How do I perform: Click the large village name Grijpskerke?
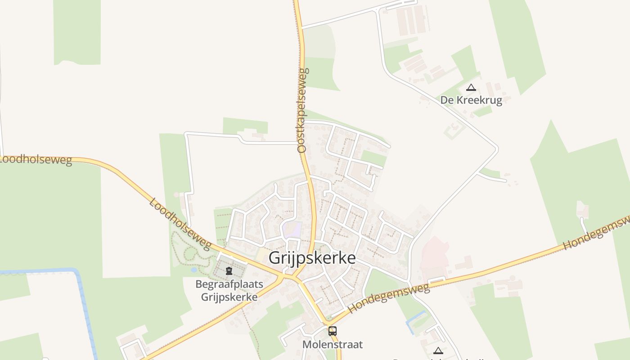pos(312,258)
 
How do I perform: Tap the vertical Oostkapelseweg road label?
pos(302,110)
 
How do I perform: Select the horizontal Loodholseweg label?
pos(36,161)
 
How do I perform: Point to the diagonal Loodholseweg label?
pos(180,224)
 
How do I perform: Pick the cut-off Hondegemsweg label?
pos(597,233)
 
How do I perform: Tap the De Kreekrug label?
pos(471,100)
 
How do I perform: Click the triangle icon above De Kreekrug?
pos(471,87)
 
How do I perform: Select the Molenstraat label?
pos(333,345)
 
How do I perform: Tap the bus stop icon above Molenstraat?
pos(333,331)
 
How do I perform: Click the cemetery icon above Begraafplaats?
pos(229,271)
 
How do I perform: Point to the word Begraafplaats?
pos(229,284)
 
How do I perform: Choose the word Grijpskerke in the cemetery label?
pos(229,297)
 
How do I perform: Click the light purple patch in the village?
pos(292,229)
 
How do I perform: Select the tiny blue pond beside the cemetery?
pos(193,270)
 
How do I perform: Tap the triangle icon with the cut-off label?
pos(438,351)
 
